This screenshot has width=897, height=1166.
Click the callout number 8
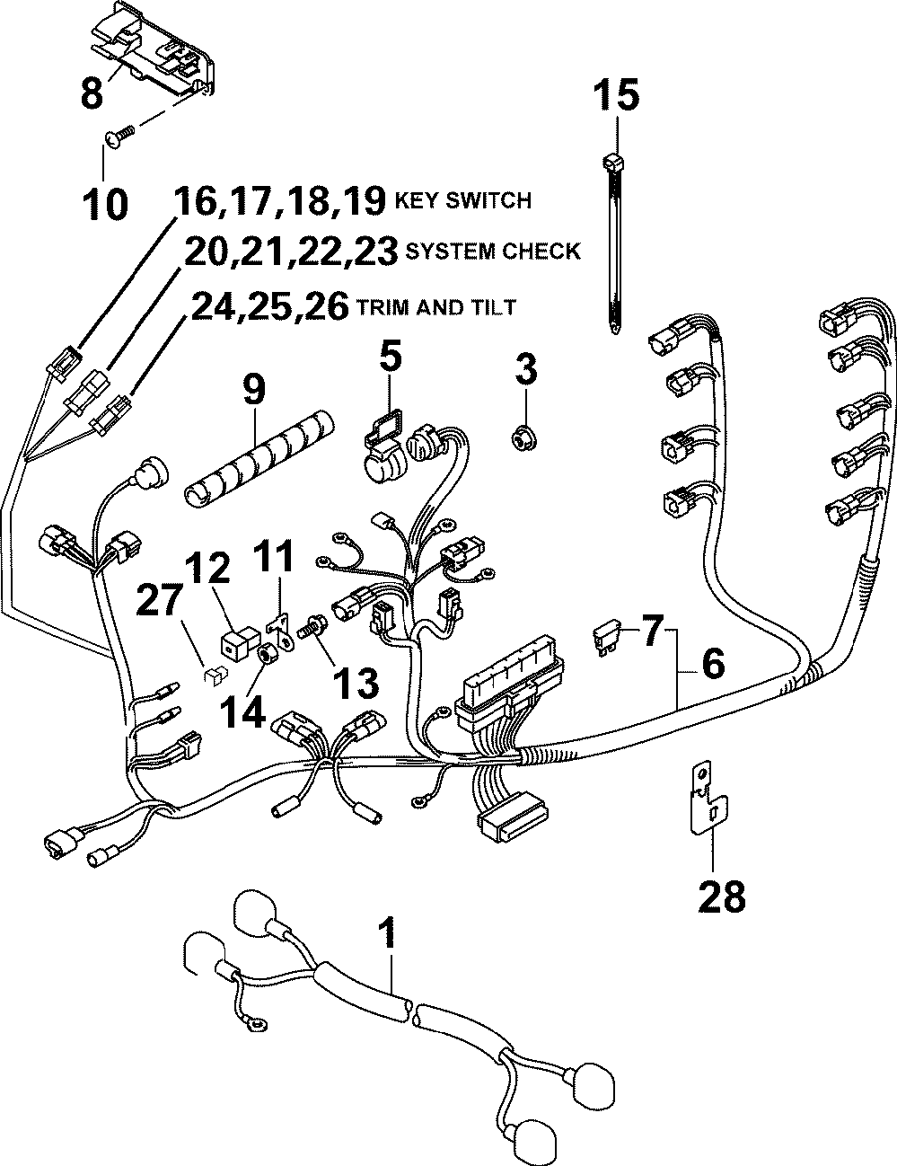[92, 92]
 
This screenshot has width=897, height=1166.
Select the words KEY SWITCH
[463, 200]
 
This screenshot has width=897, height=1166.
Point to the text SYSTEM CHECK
[493, 252]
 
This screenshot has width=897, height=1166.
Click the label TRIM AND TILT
[436, 307]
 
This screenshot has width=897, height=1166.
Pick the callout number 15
[617, 93]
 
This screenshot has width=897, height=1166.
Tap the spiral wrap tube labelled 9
[256, 455]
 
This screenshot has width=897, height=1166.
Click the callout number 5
[389, 359]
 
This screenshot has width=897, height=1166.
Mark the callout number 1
[388, 934]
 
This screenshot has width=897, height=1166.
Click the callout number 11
[276, 559]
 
